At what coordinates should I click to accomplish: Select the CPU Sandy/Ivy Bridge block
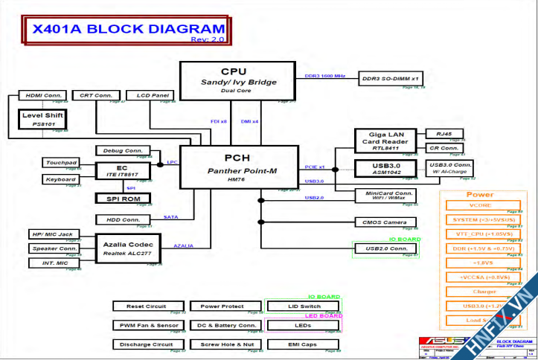point(238,80)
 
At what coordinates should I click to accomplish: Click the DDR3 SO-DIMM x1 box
point(391,77)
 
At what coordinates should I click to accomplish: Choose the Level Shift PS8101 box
point(43,119)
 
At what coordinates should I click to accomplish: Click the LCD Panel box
point(151,96)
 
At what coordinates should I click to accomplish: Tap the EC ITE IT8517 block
point(123,170)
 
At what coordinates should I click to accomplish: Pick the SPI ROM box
point(123,198)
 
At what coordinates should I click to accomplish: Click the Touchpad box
point(61,162)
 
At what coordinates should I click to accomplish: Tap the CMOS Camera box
point(385,222)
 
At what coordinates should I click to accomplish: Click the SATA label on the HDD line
point(170,217)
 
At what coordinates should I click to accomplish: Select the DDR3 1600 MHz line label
point(325,76)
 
